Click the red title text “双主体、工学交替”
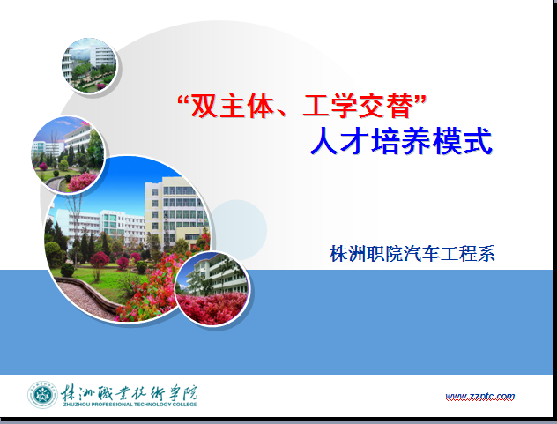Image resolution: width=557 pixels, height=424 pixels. pos(301,106)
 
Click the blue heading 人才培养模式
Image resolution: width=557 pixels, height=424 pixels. pos(401,141)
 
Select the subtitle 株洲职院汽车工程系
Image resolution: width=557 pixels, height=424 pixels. pos(412,254)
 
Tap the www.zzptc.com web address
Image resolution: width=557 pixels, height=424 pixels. pos(480,397)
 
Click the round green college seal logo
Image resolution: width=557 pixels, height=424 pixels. pos(42,395)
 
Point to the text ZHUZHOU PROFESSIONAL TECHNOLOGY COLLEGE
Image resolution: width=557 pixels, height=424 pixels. pos(130,404)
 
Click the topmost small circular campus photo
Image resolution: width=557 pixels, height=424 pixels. pos(89,65)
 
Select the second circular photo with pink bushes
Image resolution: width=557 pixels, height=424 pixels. pos(68,154)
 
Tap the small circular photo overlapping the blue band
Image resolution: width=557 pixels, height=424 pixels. pos(212,288)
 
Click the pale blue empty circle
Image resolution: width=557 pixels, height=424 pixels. pos(239,229)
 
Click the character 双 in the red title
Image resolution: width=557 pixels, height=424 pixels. pos(204,106)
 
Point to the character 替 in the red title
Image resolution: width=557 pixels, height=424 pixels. pos(400,106)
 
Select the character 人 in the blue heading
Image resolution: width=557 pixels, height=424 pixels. pos(324,141)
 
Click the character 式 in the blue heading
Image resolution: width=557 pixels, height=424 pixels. pos(479,141)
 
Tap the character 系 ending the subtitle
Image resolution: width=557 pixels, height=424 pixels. pos(486,254)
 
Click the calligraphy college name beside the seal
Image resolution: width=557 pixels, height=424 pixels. pos(129,392)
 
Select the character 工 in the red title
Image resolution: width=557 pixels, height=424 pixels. pos(316,106)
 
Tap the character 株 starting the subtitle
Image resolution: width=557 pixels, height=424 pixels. pos(338,254)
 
